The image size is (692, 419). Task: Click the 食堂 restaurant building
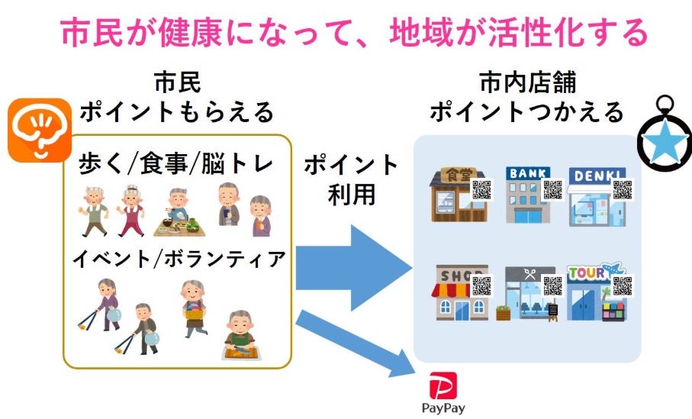coord(456,195)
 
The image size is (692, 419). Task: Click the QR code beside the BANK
coord(552,189)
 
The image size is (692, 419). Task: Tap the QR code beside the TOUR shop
coord(623,285)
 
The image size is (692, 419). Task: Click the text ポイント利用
coord(351,179)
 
